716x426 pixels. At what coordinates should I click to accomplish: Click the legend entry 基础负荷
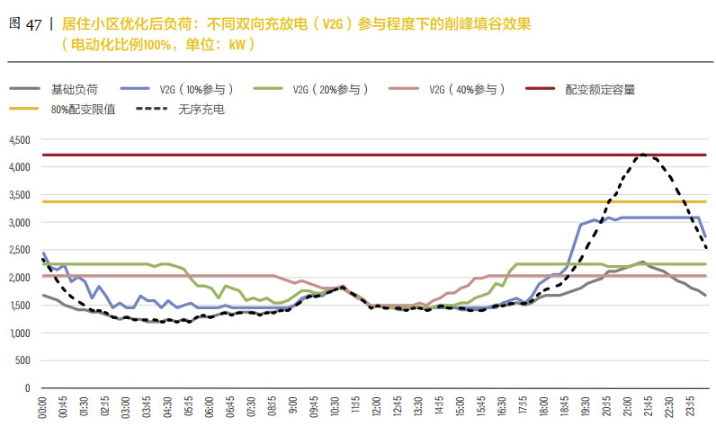(74, 90)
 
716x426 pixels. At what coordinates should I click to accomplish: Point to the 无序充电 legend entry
(201, 109)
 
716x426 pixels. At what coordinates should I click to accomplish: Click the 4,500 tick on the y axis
(19, 140)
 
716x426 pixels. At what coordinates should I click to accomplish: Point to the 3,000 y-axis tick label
(19, 223)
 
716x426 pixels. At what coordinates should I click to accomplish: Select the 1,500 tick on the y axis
(19, 306)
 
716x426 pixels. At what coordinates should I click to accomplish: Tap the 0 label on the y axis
(27, 388)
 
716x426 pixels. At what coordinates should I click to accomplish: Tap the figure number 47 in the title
(33, 25)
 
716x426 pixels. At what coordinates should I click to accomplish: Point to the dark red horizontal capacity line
(360, 155)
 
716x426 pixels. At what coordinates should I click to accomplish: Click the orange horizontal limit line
(360, 201)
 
